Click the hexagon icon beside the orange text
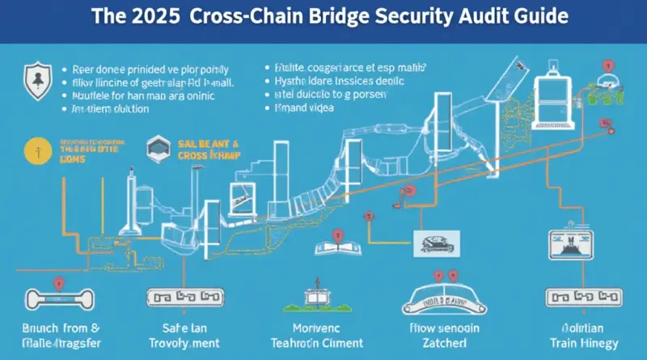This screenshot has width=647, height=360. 156,147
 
